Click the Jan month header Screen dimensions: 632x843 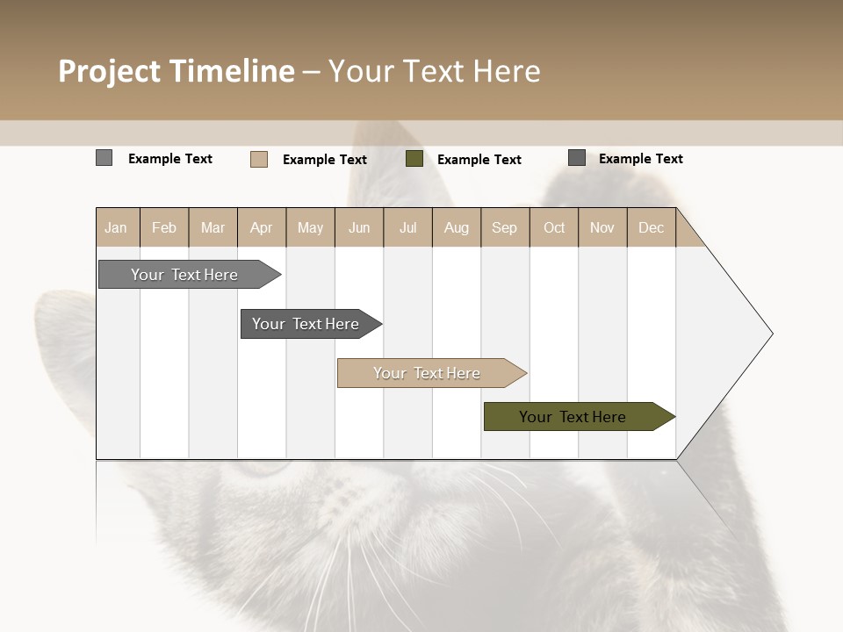click(117, 227)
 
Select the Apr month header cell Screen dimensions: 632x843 click(262, 227)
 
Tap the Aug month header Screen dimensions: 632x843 click(457, 227)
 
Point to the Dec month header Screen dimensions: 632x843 click(652, 227)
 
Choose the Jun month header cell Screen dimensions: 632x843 click(359, 227)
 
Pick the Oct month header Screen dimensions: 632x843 click(554, 227)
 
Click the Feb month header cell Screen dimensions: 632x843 click(164, 227)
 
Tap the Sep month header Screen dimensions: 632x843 click(505, 227)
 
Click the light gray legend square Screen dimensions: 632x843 click(104, 158)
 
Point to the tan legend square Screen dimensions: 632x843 click(259, 159)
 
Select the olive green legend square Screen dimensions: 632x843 click(414, 159)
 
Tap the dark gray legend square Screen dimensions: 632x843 click(577, 158)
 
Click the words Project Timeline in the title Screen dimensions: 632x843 click(177, 71)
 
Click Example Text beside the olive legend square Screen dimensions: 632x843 click(479, 160)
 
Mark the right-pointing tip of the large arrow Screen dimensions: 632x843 click(770, 334)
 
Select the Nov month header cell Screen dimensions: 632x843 click(602, 227)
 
